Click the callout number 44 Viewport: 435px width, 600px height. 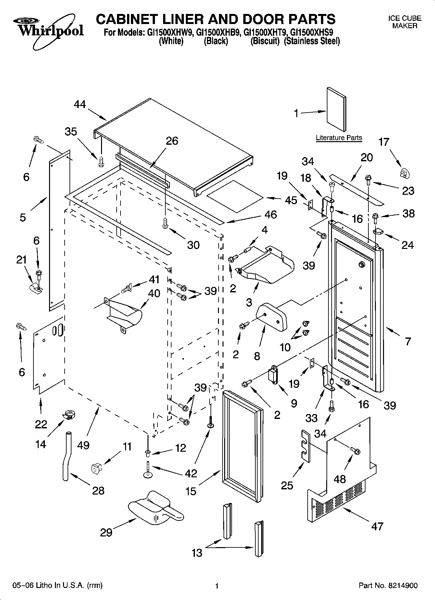(80, 104)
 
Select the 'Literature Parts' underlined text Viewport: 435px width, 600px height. (339, 138)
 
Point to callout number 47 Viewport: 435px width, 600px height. (377, 526)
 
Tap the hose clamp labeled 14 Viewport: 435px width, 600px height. (69, 414)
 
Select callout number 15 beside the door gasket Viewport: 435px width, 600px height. (191, 491)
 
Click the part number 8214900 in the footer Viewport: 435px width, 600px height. (403, 585)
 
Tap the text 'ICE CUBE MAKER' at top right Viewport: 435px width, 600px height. (404, 22)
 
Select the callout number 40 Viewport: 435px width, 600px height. (154, 293)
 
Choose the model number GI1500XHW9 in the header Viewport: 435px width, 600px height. (167, 32)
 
